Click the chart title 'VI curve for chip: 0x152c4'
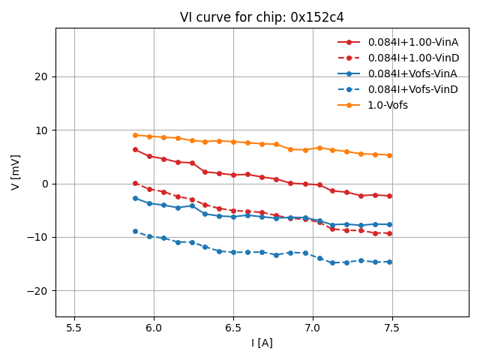[262, 17]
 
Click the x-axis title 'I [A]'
[262, 343]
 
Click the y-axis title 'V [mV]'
[16, 172]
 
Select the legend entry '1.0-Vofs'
[388, 105]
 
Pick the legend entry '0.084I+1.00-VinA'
[412, 42]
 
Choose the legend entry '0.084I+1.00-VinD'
[412, 58]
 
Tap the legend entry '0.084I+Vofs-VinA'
[412, 73]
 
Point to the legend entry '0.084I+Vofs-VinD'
[412, 89]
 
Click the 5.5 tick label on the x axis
[74, 327]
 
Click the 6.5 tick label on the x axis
[233, 327]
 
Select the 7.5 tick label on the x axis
[391, 327]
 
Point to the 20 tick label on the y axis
[41, 76]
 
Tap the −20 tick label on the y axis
[38, 291]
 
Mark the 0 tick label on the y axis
[44, 184]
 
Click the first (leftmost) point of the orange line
[135, 135]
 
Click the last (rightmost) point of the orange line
[389, 155]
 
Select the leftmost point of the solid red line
[135, 149]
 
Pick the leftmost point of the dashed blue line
[135, 231]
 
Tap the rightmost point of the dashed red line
[389, 233]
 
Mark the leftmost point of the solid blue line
[135, 198]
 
